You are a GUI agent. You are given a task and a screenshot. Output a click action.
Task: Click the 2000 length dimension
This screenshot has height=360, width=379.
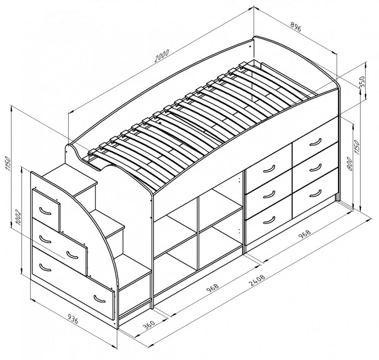pyautogui.click(x=162, y=56)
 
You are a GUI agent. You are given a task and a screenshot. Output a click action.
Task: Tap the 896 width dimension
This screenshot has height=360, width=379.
pyautogui.click(x=295, y=27)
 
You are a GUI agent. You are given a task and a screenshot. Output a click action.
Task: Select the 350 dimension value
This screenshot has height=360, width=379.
pyautogui.click(x=362, y=82)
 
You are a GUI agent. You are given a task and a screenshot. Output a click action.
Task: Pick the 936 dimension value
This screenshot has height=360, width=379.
pyautogui.click(x=73, y=319)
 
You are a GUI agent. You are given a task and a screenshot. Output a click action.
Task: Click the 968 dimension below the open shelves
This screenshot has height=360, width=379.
pyautogui.click(x=213, y=288)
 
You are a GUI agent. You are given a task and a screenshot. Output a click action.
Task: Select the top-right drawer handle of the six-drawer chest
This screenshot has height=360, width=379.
pyautogui.click(x=315, y=142)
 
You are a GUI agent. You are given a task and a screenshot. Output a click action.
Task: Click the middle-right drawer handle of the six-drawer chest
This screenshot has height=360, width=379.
pyautogui.click(x=315, y=167)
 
